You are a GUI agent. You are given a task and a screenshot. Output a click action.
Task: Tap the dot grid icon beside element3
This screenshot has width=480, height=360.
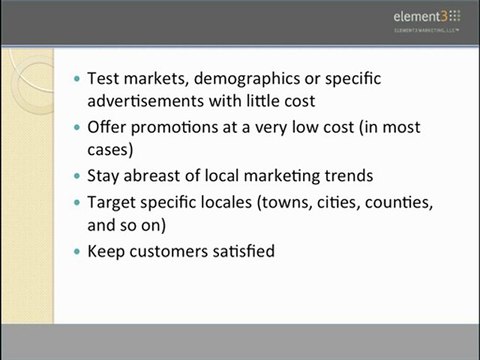(455, 15)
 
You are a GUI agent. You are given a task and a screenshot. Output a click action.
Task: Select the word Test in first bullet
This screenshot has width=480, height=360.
(103, 78)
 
